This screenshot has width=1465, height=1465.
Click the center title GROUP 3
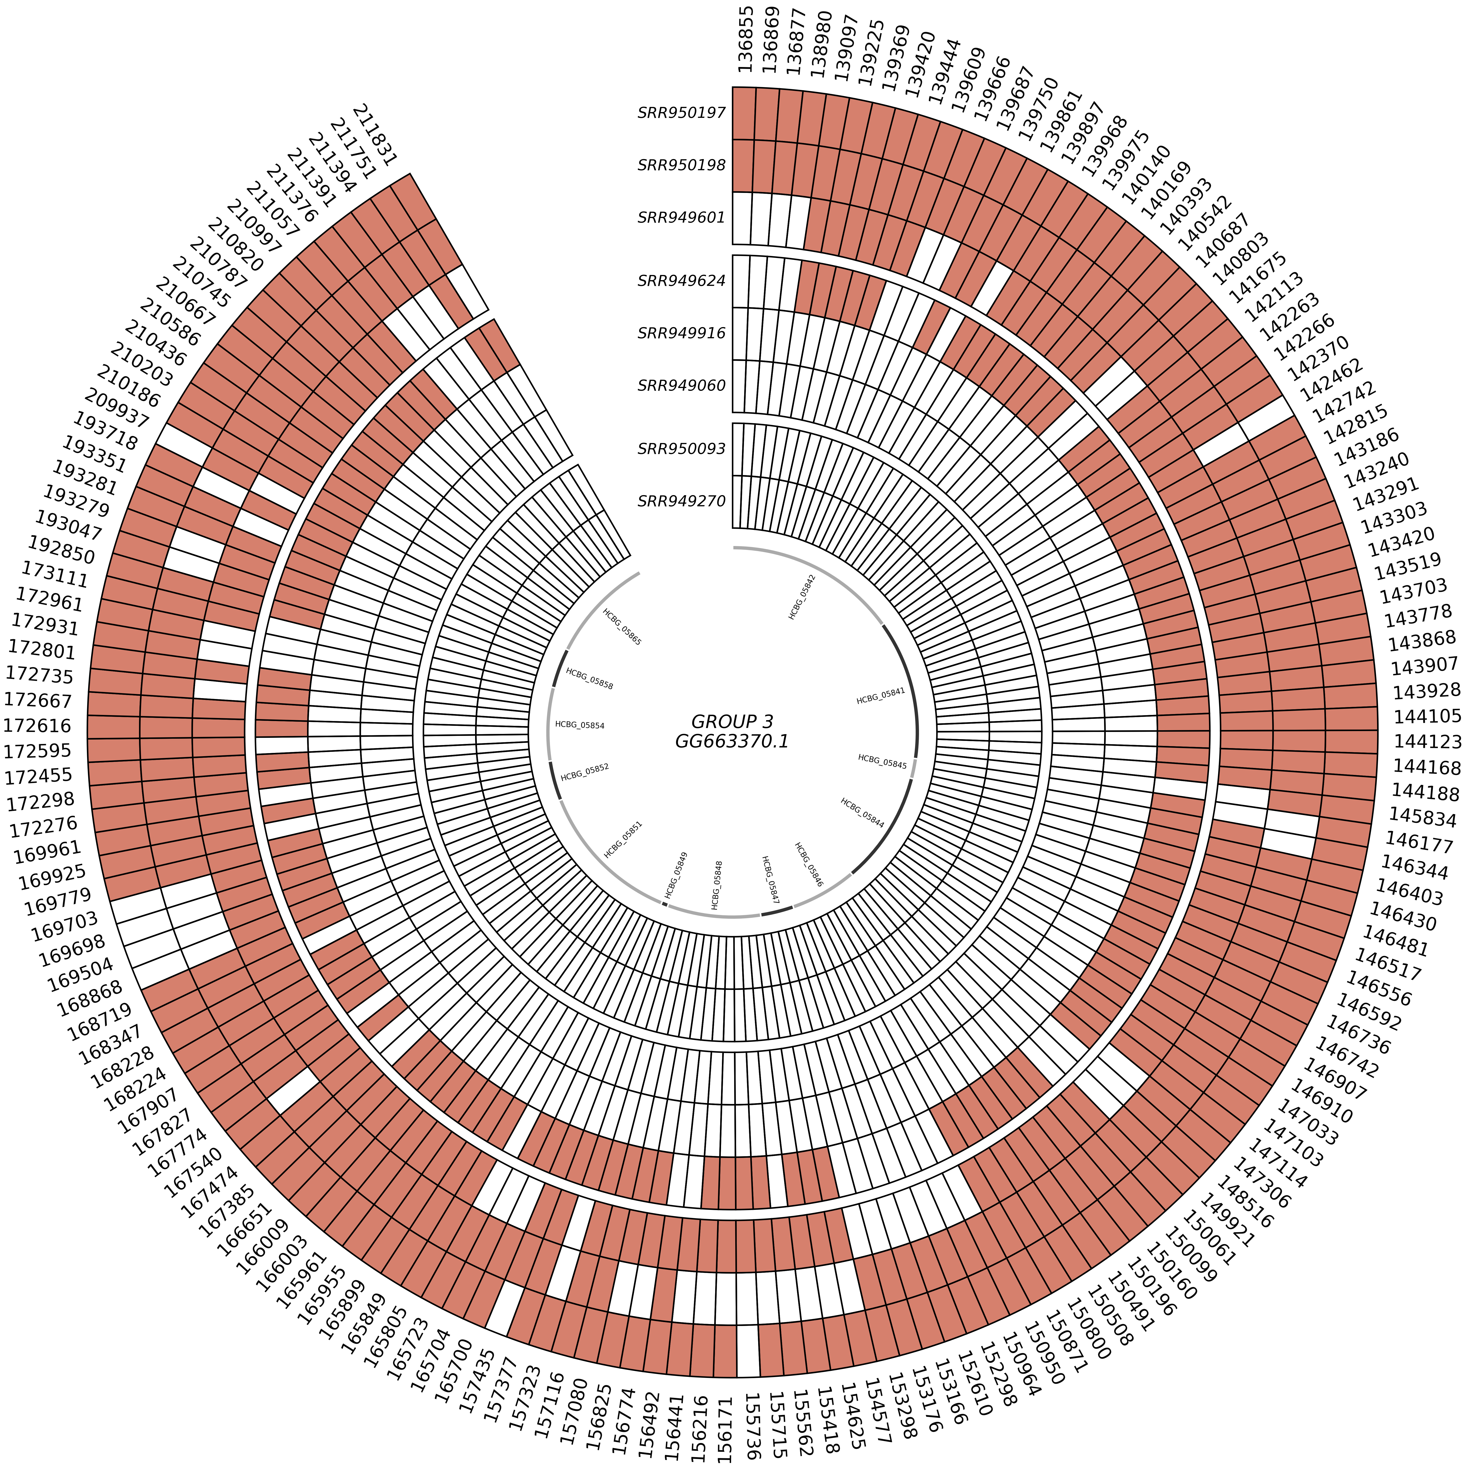pos(732,721)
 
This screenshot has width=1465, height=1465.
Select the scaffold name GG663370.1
pos(732,741)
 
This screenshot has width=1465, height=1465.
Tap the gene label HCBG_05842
pos(802,597)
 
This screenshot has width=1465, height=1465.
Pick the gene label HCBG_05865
pos(622,626)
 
